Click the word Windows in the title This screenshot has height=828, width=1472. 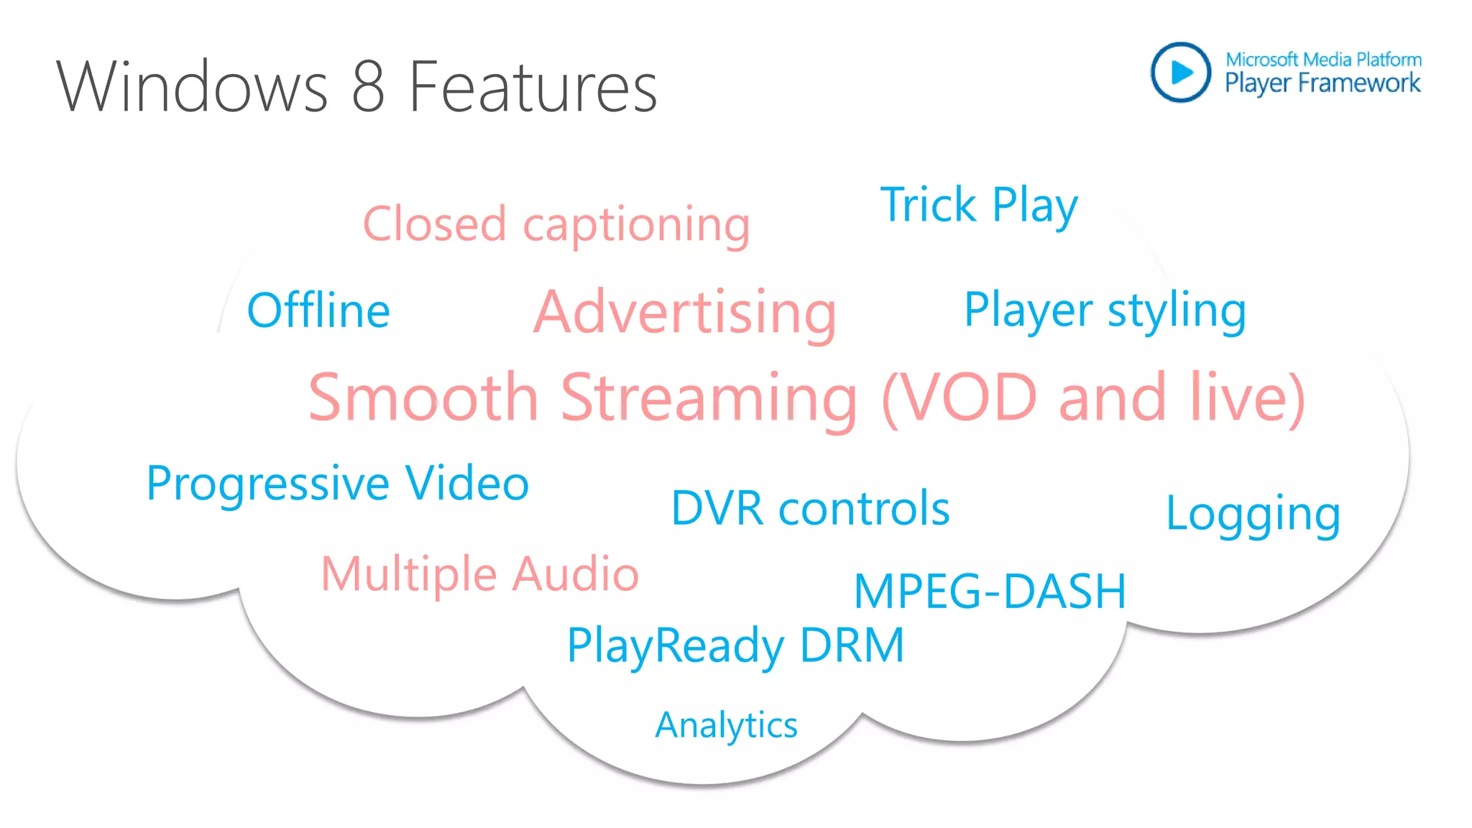pos(192,87)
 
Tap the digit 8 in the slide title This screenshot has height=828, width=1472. pos(369,87)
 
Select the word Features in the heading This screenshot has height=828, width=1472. pos(533,87)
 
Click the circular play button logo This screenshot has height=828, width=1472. pos(1181,72)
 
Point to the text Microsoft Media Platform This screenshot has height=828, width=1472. pos(1323,59)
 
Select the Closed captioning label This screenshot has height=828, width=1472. pos(556,224)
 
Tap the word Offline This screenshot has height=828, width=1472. pos(318,310)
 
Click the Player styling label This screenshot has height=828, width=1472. pos(1105,310)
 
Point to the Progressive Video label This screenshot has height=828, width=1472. pos(338,483)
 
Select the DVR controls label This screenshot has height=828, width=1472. pos(810,509)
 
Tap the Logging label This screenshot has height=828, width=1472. pos(1253,515)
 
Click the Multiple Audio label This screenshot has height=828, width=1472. pos(479,574)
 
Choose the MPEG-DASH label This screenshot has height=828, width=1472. pos(989,592)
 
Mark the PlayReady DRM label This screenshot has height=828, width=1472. pos(735,645)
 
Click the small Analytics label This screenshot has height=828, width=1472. pos(726,724)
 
